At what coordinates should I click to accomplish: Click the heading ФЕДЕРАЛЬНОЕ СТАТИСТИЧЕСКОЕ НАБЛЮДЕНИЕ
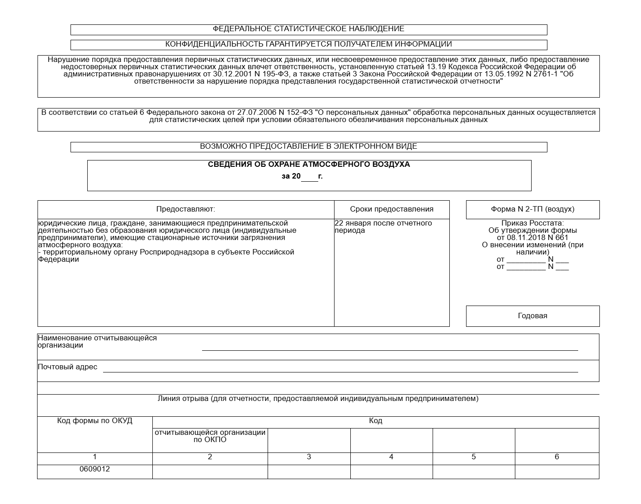[x=308, y=29]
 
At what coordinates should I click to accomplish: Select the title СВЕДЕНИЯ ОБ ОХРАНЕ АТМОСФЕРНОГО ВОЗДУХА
[x=309, y=165]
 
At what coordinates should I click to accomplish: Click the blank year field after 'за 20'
[x=310, y=177]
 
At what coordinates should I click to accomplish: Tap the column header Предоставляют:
[x=185, y=209]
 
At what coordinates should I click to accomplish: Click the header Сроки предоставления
[x=391, y=209]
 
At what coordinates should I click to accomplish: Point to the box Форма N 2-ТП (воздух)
[x=533, y=209]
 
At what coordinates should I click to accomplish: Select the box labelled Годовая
[x=533, y=316]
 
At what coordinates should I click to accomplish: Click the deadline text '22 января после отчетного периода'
[x=383, y=227]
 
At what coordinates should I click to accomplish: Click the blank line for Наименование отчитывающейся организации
[x=390, y=347]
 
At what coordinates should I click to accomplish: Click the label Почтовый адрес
[x=67, y=367]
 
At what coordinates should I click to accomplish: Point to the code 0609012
[x=94, y=469]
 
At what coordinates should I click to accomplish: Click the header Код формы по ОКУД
[x=94, y=421]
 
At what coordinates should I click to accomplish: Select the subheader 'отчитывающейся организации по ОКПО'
[x=210, y=436]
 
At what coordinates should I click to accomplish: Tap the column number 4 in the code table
[x=391, y=457]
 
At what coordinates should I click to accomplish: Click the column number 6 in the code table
[x=556, y=457]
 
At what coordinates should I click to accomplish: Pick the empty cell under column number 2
[x=210, y=471]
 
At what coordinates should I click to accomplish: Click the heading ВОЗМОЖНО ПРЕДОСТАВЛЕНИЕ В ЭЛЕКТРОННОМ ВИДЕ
[x=308, y=146]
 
